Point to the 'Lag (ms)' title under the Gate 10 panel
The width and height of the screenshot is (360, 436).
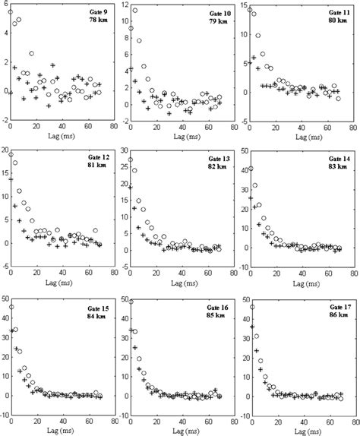point(181,138)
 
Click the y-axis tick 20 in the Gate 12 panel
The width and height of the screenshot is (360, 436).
point(5,151)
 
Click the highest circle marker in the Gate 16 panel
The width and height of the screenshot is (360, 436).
point(131,302)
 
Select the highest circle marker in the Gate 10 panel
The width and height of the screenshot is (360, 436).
point(134,11)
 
